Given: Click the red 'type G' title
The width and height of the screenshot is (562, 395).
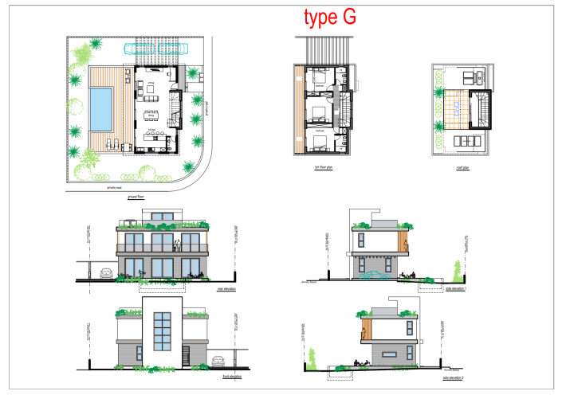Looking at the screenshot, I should (329, 17).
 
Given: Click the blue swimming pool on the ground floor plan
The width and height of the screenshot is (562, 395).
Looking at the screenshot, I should (100, 108).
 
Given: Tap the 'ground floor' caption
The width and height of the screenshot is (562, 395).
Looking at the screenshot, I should (146, 195).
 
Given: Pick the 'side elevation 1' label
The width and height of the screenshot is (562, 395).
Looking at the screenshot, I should (455, 291).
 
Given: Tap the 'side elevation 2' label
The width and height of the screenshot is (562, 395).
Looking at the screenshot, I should (455, 372).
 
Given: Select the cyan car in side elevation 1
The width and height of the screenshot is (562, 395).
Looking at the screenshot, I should (371, 276).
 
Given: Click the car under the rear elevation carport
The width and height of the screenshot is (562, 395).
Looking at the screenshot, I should (106, 274).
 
